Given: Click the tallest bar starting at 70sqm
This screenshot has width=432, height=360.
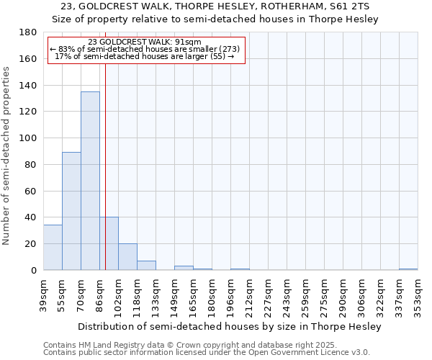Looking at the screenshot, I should [x=90, y=181].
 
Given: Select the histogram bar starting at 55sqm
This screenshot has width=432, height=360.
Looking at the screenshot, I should [x=71, y=211].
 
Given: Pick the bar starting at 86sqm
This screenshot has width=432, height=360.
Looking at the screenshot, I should [x=109, y=243].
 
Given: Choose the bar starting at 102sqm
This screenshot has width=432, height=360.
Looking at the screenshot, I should [x=127, y=257].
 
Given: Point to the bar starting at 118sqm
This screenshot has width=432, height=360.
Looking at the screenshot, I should [x=146, y=266].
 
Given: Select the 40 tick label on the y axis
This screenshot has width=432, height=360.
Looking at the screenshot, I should [x=31, y=217].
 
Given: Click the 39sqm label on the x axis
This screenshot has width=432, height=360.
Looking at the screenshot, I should [x=43, y=296].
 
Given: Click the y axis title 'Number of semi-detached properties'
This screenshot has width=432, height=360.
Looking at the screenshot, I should [x=7, y=156].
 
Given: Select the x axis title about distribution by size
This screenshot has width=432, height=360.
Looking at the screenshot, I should [x=229, y=326].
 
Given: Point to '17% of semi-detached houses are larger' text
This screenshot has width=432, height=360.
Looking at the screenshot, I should [x=144, y=56].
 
